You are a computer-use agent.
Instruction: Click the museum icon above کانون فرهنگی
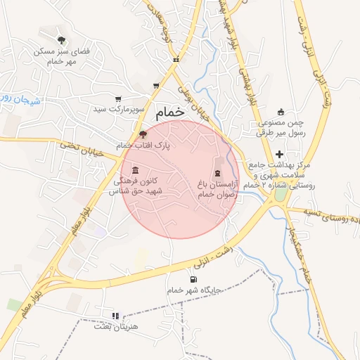pos(135,171)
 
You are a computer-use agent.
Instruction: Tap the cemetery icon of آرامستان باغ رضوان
pos(217,173)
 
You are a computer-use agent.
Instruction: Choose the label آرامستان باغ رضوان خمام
pos(217,188)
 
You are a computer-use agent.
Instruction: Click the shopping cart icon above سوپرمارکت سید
pos(118,98)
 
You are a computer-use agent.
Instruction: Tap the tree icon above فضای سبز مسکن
pos(62,39)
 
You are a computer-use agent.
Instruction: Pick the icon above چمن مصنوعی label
pos(281,111)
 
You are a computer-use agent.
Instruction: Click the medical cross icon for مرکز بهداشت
pos(280,154)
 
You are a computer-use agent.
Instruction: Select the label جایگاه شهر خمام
pos(194,290)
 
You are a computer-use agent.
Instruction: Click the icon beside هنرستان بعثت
pos(116,316)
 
